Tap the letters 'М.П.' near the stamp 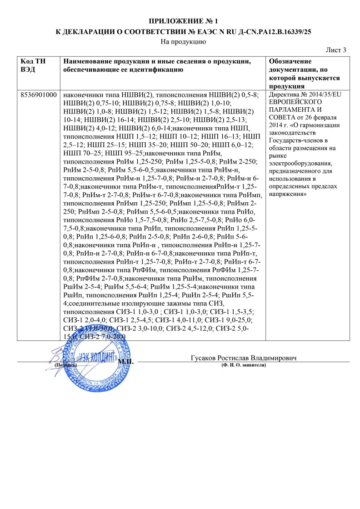126,362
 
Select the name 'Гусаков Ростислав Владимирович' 244,358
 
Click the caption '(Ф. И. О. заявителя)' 244,365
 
